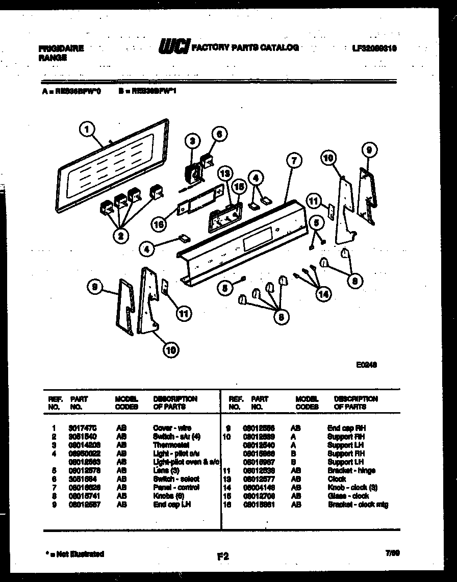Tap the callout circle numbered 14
pos(322,294)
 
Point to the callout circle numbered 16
pos(159,223)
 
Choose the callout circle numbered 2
pos(120,235)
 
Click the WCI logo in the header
pos(174,47)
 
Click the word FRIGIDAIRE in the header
pos(61,49)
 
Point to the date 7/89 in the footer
pos(392,553)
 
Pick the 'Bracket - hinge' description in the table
pos(351,470)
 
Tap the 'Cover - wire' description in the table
pos(172,428)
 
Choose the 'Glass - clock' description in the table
pos(348,496)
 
